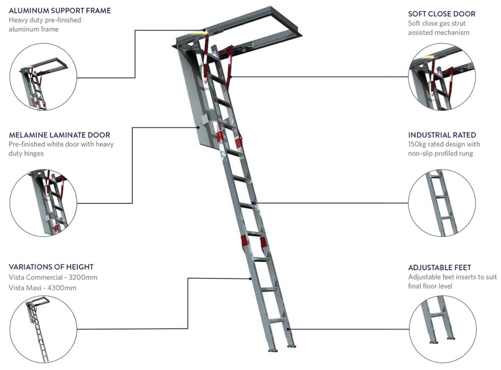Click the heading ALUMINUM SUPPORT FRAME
60,11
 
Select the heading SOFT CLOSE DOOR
442,14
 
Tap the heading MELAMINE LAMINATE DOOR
59,135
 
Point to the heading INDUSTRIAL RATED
442,135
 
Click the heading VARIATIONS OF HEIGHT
51,267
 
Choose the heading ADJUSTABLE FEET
440,267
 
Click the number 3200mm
83,277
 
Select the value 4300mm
62,288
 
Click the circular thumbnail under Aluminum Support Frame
43,77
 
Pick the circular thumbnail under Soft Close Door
442,77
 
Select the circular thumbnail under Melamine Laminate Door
43,203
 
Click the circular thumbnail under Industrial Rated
442,203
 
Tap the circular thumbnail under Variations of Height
43,329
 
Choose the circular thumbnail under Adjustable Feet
442,329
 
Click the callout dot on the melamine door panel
199,127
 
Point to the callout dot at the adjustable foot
288,329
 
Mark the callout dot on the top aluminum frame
204,30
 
